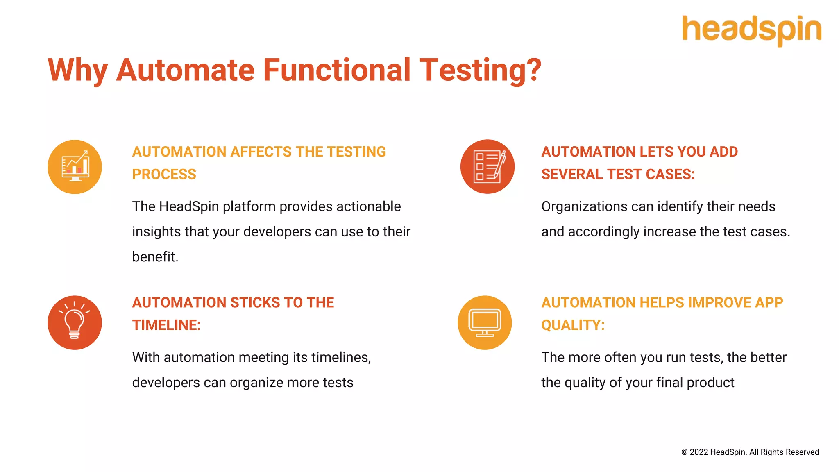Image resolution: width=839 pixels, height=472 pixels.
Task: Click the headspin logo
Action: coord(751,29)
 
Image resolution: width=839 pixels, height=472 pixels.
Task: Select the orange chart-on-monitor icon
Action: coord(75,167)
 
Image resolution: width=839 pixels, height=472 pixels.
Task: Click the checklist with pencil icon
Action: coord(488,167)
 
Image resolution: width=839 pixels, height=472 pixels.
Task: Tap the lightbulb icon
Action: coord(75,322)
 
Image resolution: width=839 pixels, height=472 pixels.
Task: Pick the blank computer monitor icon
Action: coord(485,322)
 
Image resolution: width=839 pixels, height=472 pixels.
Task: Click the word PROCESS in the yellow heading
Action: coord(164,175)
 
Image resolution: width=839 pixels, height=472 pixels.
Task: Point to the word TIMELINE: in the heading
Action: coord(166,325)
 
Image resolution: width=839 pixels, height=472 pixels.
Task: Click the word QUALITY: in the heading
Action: coord(573,325)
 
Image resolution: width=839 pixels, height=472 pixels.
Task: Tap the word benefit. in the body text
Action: coord(155,257)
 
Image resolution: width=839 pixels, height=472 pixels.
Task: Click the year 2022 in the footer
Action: coord(698,452)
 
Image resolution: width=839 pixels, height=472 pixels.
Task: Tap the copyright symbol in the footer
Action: coord(684,452)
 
